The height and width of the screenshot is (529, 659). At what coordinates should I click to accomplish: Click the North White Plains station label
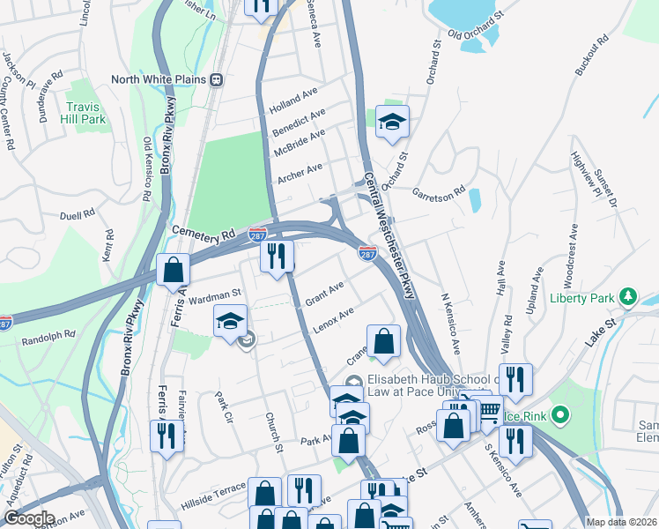tap(159, 79)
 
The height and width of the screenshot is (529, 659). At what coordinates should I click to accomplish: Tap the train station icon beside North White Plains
tap(216, 79)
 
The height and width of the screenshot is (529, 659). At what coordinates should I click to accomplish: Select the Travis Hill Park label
tap(85, 112)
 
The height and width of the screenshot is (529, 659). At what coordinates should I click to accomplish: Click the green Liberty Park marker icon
tap(628, 297)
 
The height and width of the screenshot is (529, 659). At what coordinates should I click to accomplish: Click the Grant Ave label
tap(323, 294)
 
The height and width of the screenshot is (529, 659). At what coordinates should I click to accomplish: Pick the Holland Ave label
tap(294, 94)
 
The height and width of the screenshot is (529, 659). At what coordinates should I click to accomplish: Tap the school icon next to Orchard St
tap(392, 123)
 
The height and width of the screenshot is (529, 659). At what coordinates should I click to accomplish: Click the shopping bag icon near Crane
tap(383, 341)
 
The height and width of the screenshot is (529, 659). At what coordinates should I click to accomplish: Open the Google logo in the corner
tap(28, 518)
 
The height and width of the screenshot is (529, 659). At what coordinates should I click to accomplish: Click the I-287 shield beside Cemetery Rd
tap(257, 232)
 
